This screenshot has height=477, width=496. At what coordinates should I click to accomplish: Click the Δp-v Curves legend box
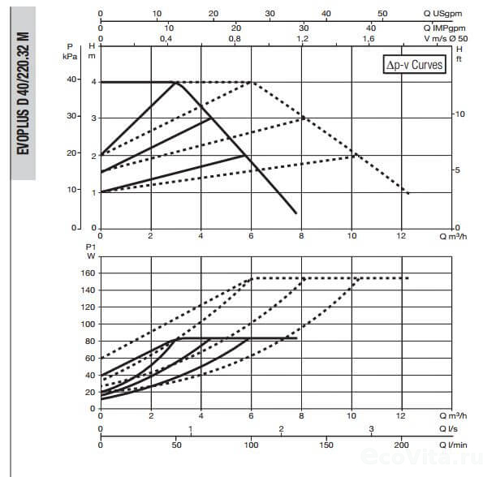click(x=414, y=65)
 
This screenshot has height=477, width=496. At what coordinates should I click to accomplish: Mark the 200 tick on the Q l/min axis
click(x=402, y=445)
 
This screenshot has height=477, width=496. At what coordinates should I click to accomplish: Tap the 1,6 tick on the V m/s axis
click(x=369, y=38)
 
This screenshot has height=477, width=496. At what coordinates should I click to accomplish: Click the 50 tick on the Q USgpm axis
click(x=382, y=14)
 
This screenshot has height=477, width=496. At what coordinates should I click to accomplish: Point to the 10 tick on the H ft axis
click(x=460, y=114)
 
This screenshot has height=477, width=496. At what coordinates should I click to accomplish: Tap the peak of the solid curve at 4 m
click(x=176, y=82)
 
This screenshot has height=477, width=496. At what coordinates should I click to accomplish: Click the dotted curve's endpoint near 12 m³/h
click(x=408, y=194)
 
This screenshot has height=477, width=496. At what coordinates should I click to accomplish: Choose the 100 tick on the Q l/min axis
click(x=251, y=445)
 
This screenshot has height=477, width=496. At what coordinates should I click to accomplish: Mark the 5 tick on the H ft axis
click(x=459, y=170)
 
